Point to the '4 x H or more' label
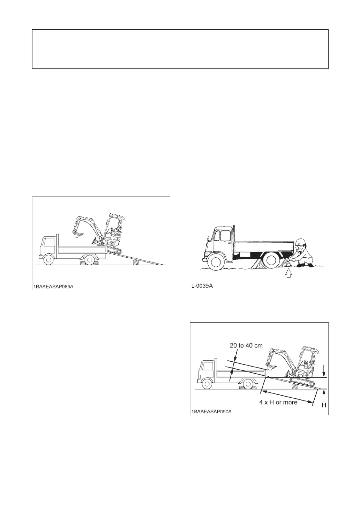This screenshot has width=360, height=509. (278, 402)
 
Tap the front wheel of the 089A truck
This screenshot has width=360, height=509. (49, 260)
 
